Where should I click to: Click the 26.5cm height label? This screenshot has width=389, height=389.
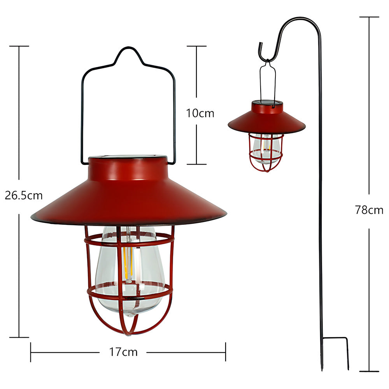24,196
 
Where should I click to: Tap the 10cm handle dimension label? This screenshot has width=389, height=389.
200,113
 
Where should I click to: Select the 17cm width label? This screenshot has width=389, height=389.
123,352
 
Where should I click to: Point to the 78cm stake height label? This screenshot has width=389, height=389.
369,210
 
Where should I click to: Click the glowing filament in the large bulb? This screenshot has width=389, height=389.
128,263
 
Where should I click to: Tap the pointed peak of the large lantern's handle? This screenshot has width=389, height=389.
128,47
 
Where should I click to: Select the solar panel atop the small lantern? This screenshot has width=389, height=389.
268,102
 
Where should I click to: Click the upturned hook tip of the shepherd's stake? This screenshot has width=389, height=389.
260,44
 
